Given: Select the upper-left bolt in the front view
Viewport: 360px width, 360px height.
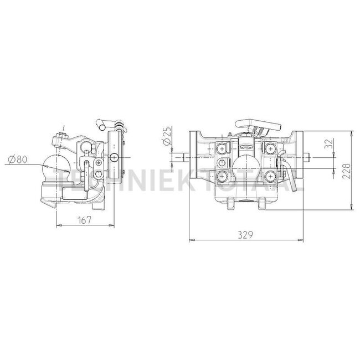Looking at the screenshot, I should (223, 148).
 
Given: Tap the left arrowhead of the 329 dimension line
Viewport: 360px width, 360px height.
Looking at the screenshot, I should (192, 240).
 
